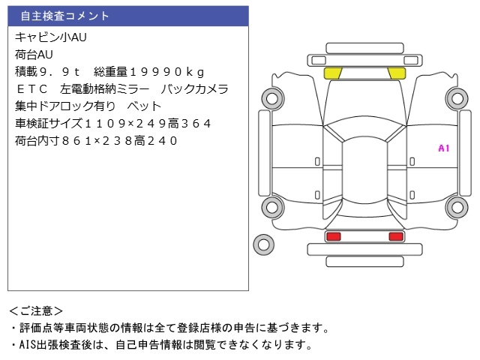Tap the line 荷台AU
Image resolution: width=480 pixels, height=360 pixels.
pyautogui.click(x=34, y=54)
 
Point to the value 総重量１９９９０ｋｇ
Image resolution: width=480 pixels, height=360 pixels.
pyautogui.click(x=150, y=71)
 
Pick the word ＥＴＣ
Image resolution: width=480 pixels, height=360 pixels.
pyautogui.click(x=32, y=88)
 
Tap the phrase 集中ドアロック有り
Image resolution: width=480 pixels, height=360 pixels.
pyautogui.click(x=65, y=106)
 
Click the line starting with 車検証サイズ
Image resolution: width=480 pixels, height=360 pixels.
pyautogui.click(x=112, y=123)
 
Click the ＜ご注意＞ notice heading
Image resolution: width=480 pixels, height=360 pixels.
pyautogui.click(x=36, y=310)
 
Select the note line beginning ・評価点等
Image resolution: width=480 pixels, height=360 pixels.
pyautogui.click(x=169, y=328)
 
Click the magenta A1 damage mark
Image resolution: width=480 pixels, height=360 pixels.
pyautogui.click(x=443, y=148)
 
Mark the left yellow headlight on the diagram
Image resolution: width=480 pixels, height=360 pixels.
pyautogui.click(x=333, y=73)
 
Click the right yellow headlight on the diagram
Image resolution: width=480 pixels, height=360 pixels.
pyautogui.click(x=396, y=73)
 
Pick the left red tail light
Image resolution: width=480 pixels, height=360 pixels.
pyautogui.click(x=333, y=236)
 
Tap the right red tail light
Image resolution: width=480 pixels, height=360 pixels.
pyautogui.click(x=395, y=236)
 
